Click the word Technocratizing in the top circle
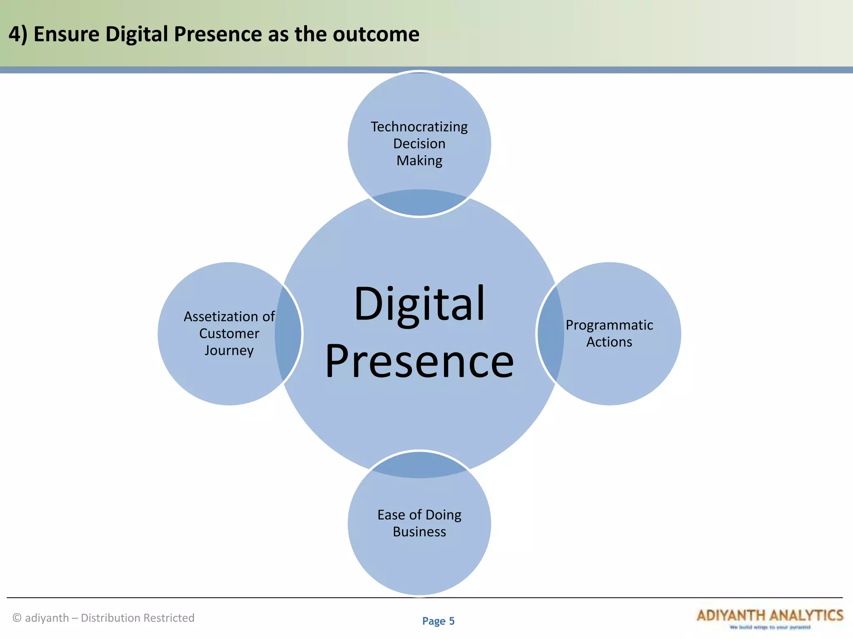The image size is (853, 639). [419, 126]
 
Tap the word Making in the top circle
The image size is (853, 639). [419, 161]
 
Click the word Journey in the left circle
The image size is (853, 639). [229, 350]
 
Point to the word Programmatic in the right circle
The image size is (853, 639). [609, 325]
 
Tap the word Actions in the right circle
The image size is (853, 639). [609, 342]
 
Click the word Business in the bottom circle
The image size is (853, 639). [419, 532]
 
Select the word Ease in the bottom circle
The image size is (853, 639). [391, 515]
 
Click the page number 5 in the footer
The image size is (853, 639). [451, 621]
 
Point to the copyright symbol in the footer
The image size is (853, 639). [17, 618]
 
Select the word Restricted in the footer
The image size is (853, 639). [168, 618]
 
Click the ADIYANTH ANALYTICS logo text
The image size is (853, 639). [769, 615]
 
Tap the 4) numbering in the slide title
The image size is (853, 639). [17, 34]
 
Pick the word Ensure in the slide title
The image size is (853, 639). [66, 34]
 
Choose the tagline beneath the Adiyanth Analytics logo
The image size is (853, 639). [770, 627]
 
